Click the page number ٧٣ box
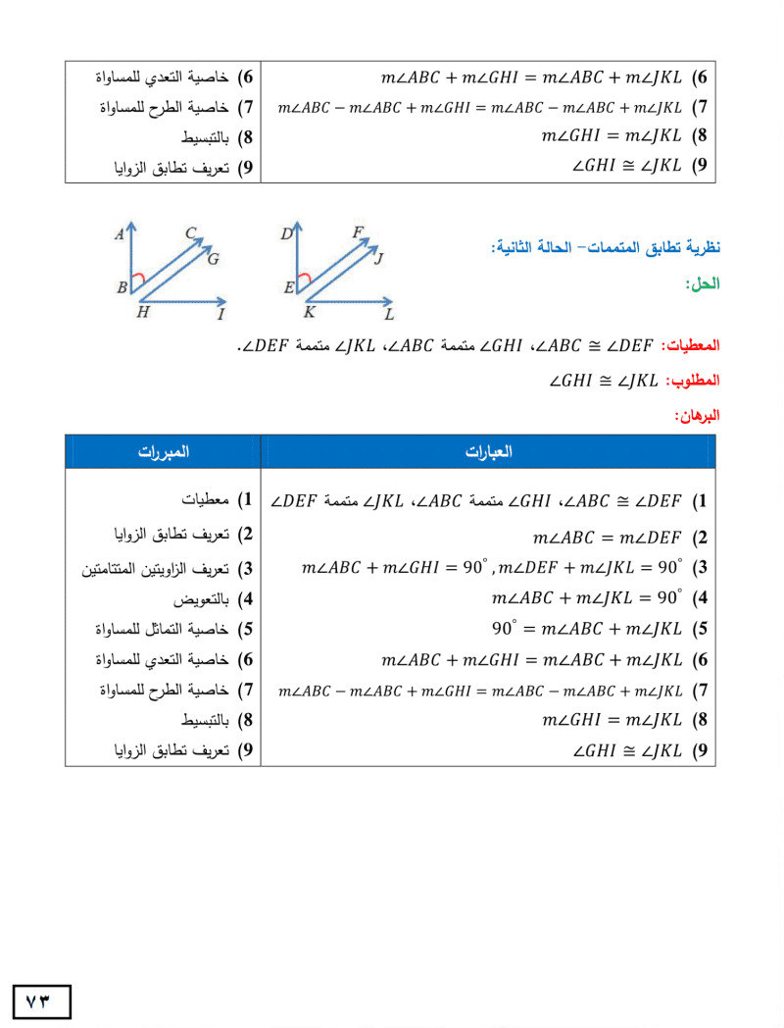(x=42, y=1002)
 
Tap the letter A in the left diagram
(x=119, y=234)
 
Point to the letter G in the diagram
(x=213, y=259)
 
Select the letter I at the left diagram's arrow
(x=220, y=314)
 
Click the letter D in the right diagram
(x=286, y=234)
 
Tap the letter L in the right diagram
(x=389, y=315)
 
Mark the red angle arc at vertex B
(x=138, y=280)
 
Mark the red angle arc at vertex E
(x=305, y=280)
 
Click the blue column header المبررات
(x=163, y=452)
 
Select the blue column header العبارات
(x=487, y=452)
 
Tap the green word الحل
(x=704, y=284)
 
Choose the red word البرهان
(x=697, y=415)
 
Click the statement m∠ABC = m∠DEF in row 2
(x=607, y=538)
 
